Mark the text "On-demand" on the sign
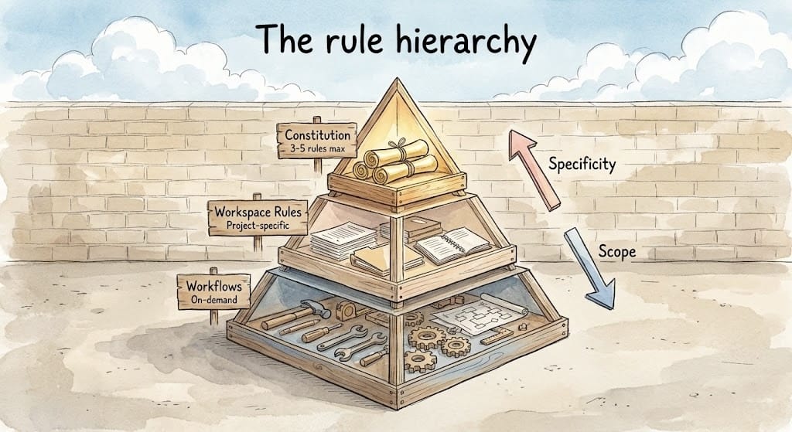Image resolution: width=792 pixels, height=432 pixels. (x=213, y=300)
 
